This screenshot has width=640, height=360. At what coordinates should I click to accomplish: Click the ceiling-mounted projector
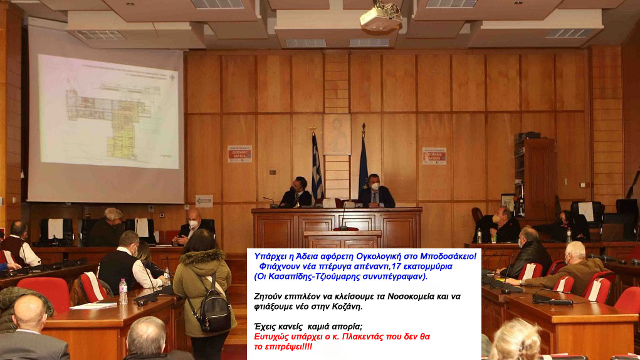(380, 18)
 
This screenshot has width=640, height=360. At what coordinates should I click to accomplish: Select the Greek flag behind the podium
(317, 166)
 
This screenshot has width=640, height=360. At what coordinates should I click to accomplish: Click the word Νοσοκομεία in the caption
(401, 297)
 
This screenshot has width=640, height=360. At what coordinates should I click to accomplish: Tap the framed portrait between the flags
(337, 134)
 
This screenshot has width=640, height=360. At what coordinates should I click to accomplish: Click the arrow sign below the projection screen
(204, 201)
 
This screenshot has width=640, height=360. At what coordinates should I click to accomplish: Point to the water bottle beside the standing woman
(123, 292)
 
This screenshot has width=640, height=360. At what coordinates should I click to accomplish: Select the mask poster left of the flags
(239, 154)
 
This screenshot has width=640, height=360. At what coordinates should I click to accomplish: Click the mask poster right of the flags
(434, 156)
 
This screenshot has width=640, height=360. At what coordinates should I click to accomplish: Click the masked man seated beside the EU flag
(375, 192)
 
